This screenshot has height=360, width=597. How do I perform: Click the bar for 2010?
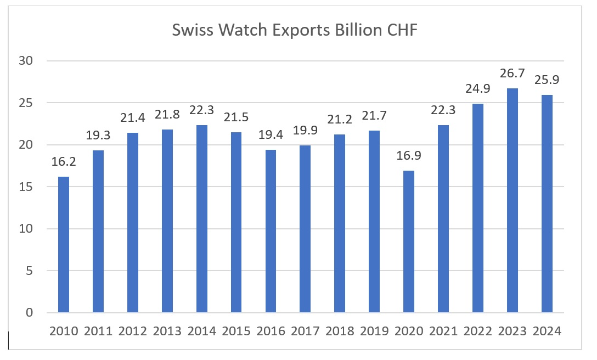[x=64, y=245]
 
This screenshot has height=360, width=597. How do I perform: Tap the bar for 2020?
[x=409, y=242]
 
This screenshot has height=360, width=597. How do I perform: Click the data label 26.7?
[x=512, y=74]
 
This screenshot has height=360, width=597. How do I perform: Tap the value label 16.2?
[x=64, y=163]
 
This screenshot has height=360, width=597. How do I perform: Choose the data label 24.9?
[x=478, y=89]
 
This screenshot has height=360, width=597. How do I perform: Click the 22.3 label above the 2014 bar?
[x=201, y=111]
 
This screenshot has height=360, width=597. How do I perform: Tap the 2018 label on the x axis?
[x=340, y=331]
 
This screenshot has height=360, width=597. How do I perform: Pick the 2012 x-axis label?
[x=133, y=331]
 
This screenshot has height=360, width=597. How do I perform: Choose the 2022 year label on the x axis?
[x=478, y=331]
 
